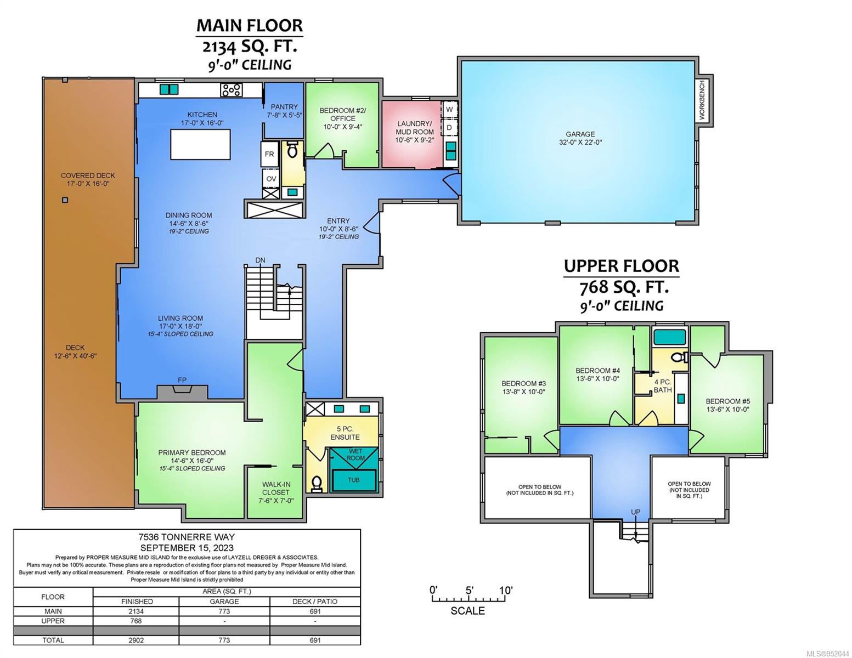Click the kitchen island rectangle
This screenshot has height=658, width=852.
click(200, 145)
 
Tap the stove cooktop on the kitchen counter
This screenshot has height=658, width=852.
click(231, 90)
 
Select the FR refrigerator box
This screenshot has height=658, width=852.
click(270, 154)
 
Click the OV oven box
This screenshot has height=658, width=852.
click(271, 179)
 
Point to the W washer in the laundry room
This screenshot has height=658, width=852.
click(449, 109)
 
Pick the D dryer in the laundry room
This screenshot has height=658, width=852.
click(449, 127)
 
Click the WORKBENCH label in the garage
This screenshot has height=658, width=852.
click(702, 100)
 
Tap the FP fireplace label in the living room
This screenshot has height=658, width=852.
click(182, 380)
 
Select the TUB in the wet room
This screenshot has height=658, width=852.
click(354, 480)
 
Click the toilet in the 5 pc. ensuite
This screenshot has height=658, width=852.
click(316, 484)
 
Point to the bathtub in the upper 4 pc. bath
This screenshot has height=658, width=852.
click(670, 337)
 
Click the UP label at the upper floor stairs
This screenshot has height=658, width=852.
click(635, 512)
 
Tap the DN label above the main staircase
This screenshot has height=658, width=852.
click(261, 260)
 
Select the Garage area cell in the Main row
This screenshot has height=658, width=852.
click(224, 611)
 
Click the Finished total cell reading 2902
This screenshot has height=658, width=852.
click(136, 640)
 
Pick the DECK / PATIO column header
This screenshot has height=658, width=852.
click(315, 601)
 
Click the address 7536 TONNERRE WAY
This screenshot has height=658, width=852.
click(187, 537)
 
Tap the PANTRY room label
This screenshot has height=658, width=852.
click(284, 106)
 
